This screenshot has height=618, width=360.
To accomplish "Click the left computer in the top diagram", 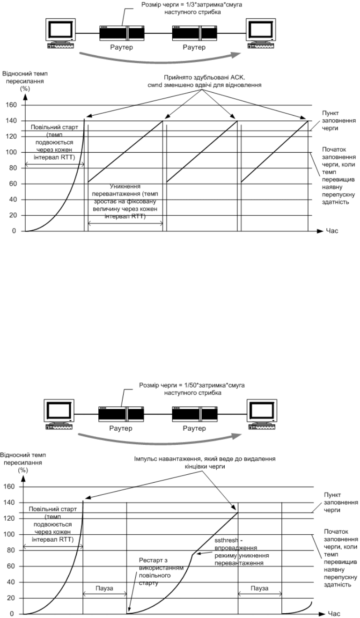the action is [61, 34].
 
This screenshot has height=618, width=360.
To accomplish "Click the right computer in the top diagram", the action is [261, 34].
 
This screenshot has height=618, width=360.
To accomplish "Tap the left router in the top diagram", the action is [122, 33].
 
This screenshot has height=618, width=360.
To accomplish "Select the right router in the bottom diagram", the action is [195, 414].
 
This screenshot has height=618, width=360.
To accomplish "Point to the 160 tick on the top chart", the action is [11, 105].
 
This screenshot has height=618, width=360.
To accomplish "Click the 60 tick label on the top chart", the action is [13, 184].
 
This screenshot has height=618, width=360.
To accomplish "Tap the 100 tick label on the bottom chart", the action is [9, 534].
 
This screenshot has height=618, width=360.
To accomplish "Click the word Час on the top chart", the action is [332, 231].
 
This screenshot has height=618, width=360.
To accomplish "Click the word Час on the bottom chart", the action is [334, 614].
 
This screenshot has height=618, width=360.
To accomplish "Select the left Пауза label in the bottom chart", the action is [104, 588].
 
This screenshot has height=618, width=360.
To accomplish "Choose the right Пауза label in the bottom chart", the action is [259, 588].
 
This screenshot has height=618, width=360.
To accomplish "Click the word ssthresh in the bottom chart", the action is [226, 540].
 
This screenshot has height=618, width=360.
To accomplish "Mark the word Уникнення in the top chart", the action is [125, 186].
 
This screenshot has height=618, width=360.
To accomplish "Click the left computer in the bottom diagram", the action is [59, 414].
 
